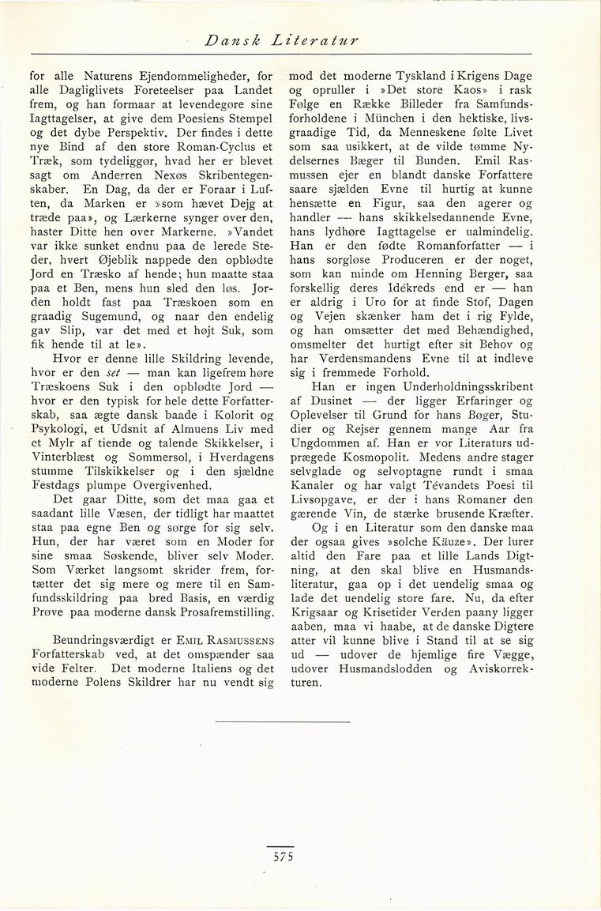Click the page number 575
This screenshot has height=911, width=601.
pos(280,856)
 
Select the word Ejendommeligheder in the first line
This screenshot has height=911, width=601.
pos(185,77)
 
